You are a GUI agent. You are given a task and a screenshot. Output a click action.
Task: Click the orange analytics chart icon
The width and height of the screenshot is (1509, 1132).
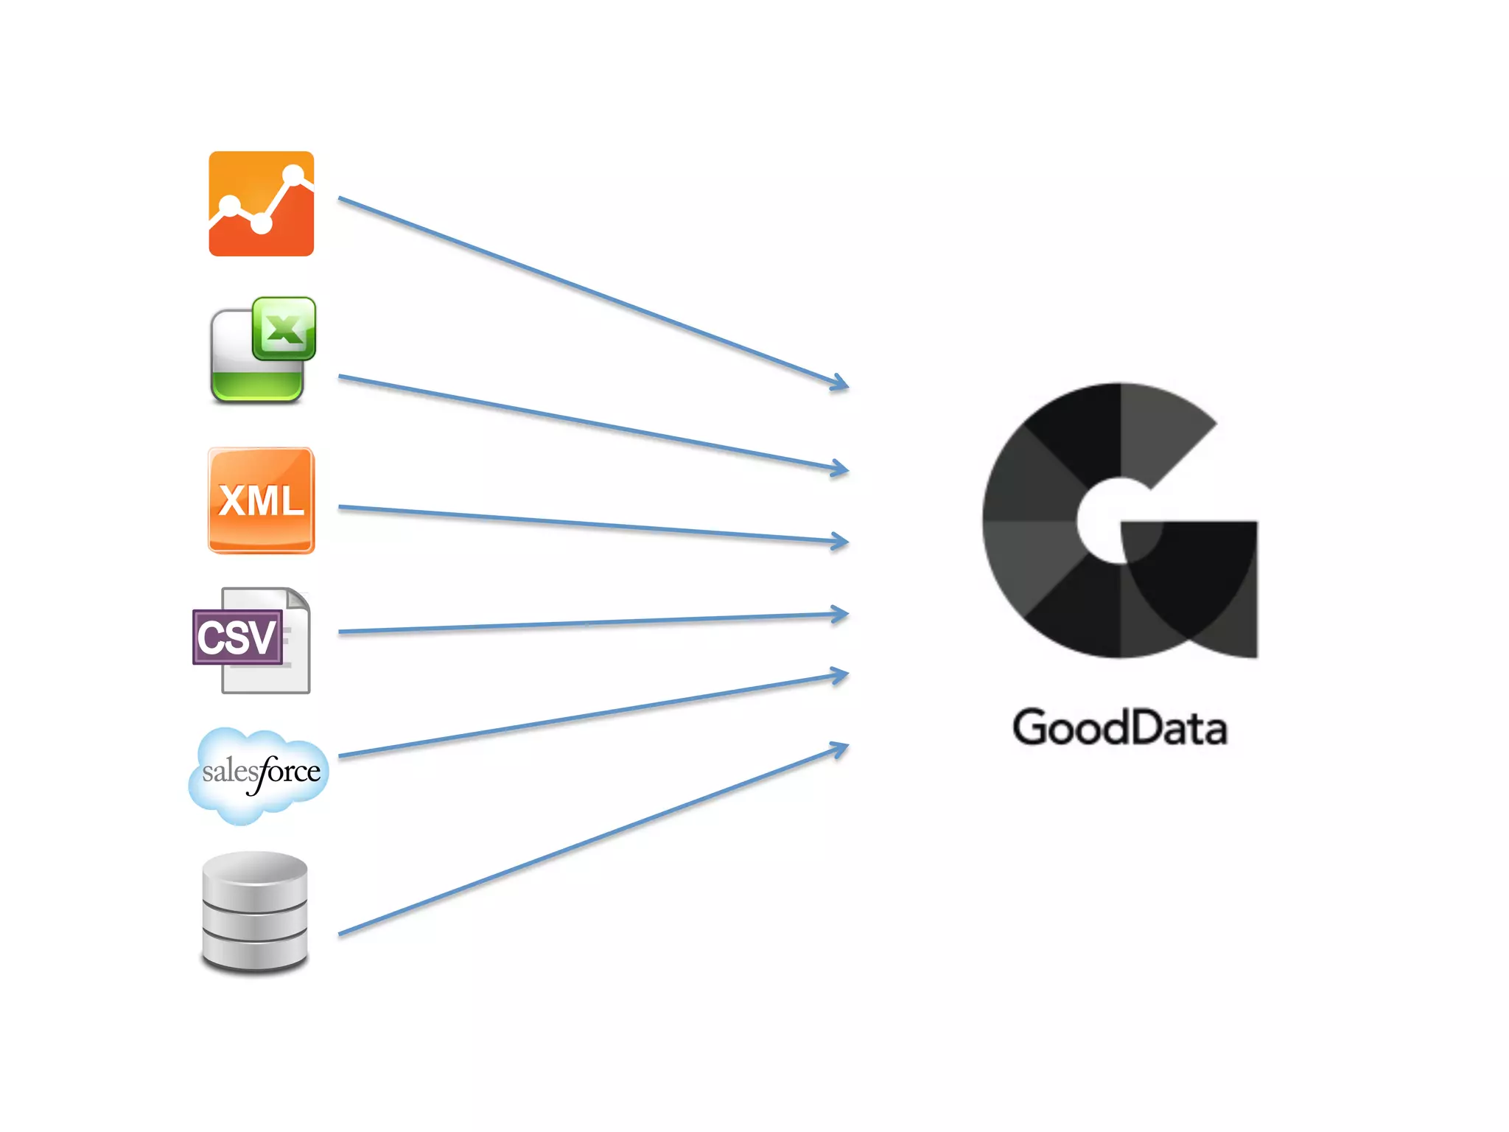point(261,204)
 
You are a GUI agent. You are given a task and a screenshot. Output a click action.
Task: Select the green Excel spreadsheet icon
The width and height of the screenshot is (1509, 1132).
point(262,351)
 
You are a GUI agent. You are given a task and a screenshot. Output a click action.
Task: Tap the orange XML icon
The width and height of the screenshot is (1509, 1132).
point(262,500)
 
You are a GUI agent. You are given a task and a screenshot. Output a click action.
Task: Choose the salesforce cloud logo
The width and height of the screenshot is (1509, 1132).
point(259,775)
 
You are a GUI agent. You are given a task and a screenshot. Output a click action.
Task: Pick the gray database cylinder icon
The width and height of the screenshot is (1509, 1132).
point(255,912)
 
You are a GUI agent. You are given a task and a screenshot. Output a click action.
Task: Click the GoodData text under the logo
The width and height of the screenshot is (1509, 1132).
point(1119,728)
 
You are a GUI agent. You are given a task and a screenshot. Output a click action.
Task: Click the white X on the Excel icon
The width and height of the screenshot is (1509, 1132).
point(284,329)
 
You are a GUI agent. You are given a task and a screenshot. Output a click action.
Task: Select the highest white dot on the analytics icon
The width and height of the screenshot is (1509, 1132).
point(293,175)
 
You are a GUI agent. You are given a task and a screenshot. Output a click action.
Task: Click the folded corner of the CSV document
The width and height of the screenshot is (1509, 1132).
point(298,598)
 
